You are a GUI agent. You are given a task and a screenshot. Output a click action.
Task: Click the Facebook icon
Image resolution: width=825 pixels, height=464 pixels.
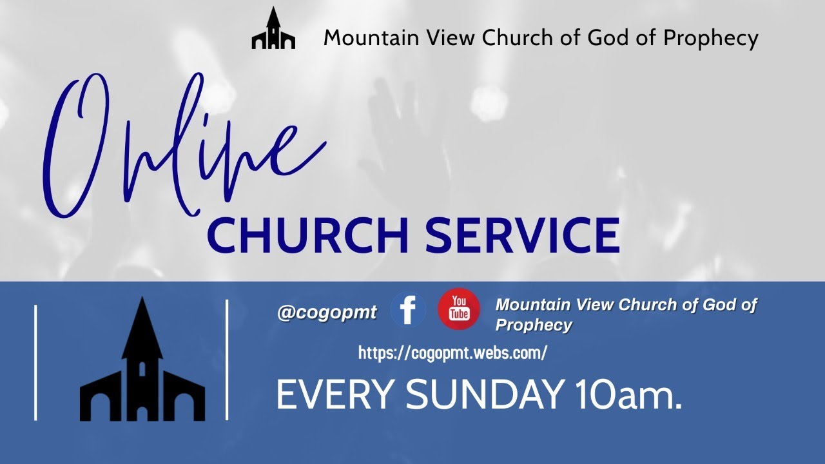(x=408, y=309)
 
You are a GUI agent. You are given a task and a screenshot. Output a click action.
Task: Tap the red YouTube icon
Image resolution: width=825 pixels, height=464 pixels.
(x=459, y=309)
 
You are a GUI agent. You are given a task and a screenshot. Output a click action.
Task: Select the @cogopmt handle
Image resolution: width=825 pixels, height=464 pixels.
(x=327, y=313)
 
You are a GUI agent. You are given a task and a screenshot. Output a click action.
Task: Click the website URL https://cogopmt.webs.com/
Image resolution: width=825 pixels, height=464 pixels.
(x=452, y=353)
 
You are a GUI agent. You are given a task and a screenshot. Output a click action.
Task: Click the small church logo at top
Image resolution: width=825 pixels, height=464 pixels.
(x=273, y=30)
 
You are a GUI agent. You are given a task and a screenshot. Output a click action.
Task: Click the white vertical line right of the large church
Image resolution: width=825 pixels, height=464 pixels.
(x=227, y=360)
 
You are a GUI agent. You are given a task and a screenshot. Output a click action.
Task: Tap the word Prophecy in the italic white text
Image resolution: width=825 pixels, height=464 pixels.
(x=533, y=325)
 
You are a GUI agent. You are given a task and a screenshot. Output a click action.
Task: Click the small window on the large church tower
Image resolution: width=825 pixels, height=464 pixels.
(x=142, y=369)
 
